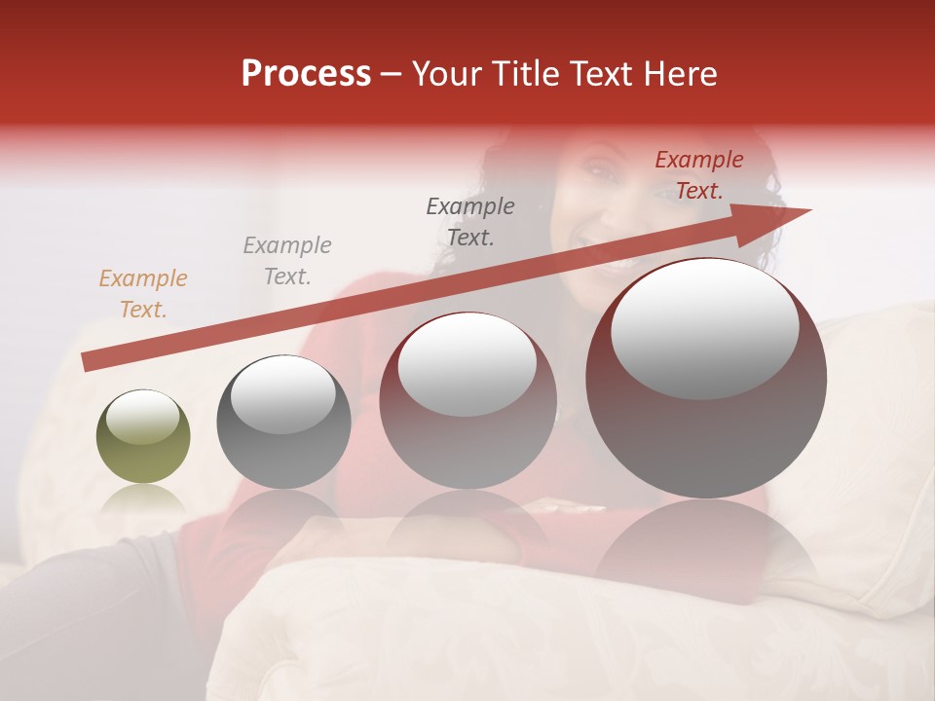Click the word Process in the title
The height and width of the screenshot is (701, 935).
tap(306, 74)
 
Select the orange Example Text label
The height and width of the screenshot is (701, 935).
tap(143, 294)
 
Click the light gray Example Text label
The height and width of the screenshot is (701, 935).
tap(287, 261)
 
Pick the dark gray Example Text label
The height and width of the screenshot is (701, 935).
tap(470, 221)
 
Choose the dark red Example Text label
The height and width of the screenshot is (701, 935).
tap(698, 175)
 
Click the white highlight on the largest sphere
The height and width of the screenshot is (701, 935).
tap(704, 327)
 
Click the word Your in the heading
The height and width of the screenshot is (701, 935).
tap(450, 74)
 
